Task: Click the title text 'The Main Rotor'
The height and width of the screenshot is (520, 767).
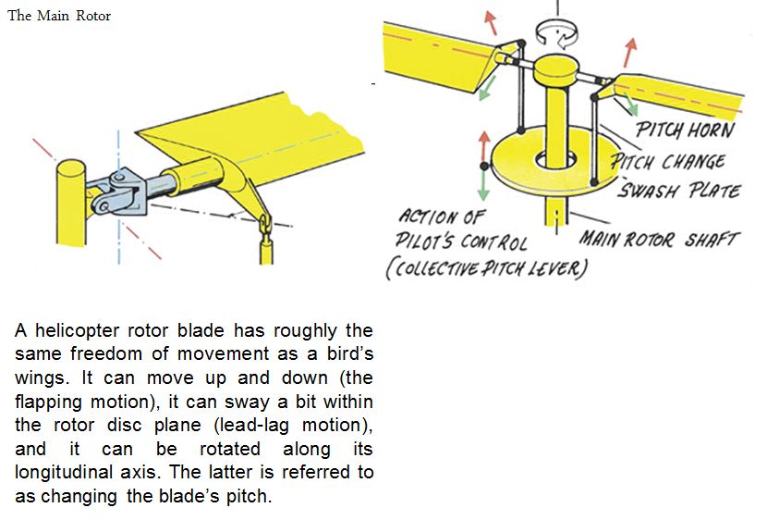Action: click(59, 16)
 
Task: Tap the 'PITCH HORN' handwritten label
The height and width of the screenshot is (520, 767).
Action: click(685, 130)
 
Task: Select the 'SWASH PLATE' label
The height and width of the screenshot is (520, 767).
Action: click(679, 190)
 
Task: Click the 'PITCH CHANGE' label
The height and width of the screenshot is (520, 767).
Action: click(668, 161)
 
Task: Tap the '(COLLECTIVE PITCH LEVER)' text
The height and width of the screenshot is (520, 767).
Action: click(486, 269)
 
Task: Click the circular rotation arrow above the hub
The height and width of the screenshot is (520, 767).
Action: click(556, 34)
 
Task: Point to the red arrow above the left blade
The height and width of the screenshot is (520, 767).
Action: click(490, 23)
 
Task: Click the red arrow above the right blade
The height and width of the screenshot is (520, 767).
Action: click(629, 52)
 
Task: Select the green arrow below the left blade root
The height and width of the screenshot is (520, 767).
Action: click(487, 89)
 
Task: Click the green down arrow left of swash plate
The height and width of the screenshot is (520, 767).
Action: click(483, 186)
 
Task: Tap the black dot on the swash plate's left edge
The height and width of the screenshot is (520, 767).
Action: click(484, 166)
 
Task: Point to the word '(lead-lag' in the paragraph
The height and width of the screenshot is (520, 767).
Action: click(251, 425)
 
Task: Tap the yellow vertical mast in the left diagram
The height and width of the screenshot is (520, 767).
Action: click(71, 203)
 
